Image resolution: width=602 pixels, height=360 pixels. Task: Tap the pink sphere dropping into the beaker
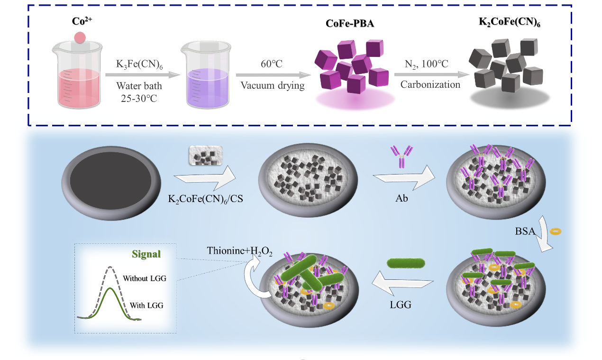point(80,37)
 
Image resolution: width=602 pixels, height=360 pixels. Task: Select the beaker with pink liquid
point(78,76)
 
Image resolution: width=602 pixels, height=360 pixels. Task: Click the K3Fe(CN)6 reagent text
point(139,65)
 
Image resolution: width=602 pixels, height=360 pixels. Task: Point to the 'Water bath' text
point(139,86)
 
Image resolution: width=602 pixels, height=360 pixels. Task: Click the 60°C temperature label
point(272,64)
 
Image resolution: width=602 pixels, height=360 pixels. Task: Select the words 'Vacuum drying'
point(272,85)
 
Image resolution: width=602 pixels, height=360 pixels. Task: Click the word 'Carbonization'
point(430,85)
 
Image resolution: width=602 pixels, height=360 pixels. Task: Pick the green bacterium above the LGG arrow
point(406,263)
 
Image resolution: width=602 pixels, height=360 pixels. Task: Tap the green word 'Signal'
point(146,254)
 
